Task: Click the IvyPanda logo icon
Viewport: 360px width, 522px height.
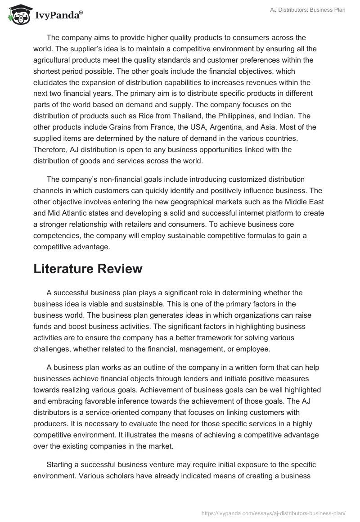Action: coord(18,15)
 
